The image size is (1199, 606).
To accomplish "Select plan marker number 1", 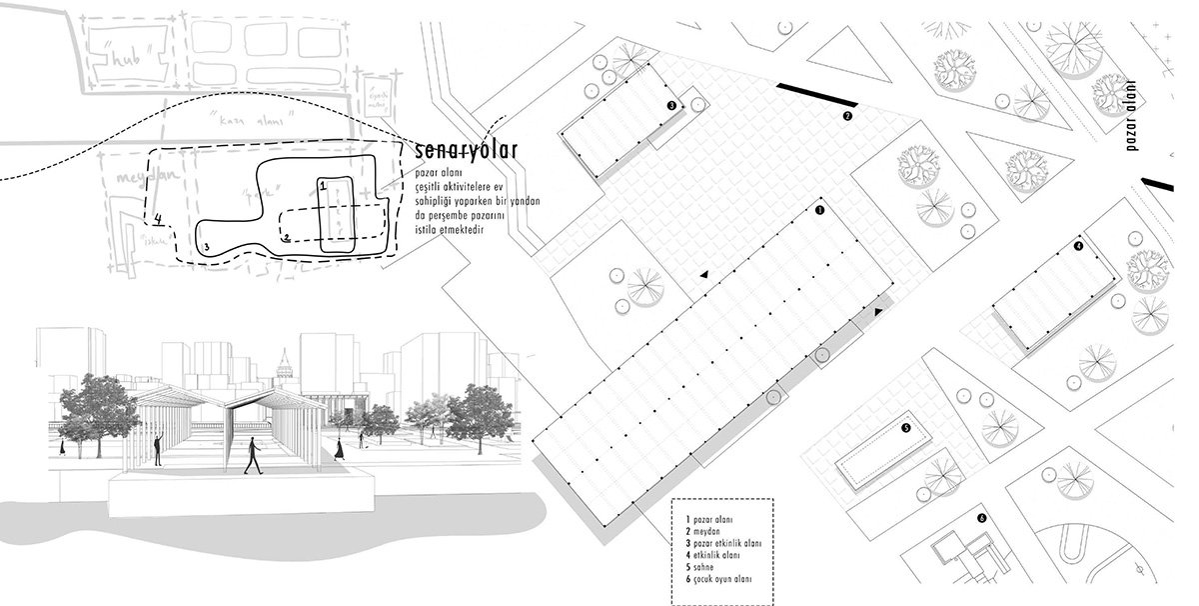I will point(819,211).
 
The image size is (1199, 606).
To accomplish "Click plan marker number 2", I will point(847,116).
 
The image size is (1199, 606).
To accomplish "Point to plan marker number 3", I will point(671,104).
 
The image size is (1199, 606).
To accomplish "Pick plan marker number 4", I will point(1079,245).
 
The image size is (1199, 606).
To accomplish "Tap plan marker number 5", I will point(905,428).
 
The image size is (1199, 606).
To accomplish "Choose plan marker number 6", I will point(982,518).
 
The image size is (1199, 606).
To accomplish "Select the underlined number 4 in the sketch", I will point(159,216).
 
